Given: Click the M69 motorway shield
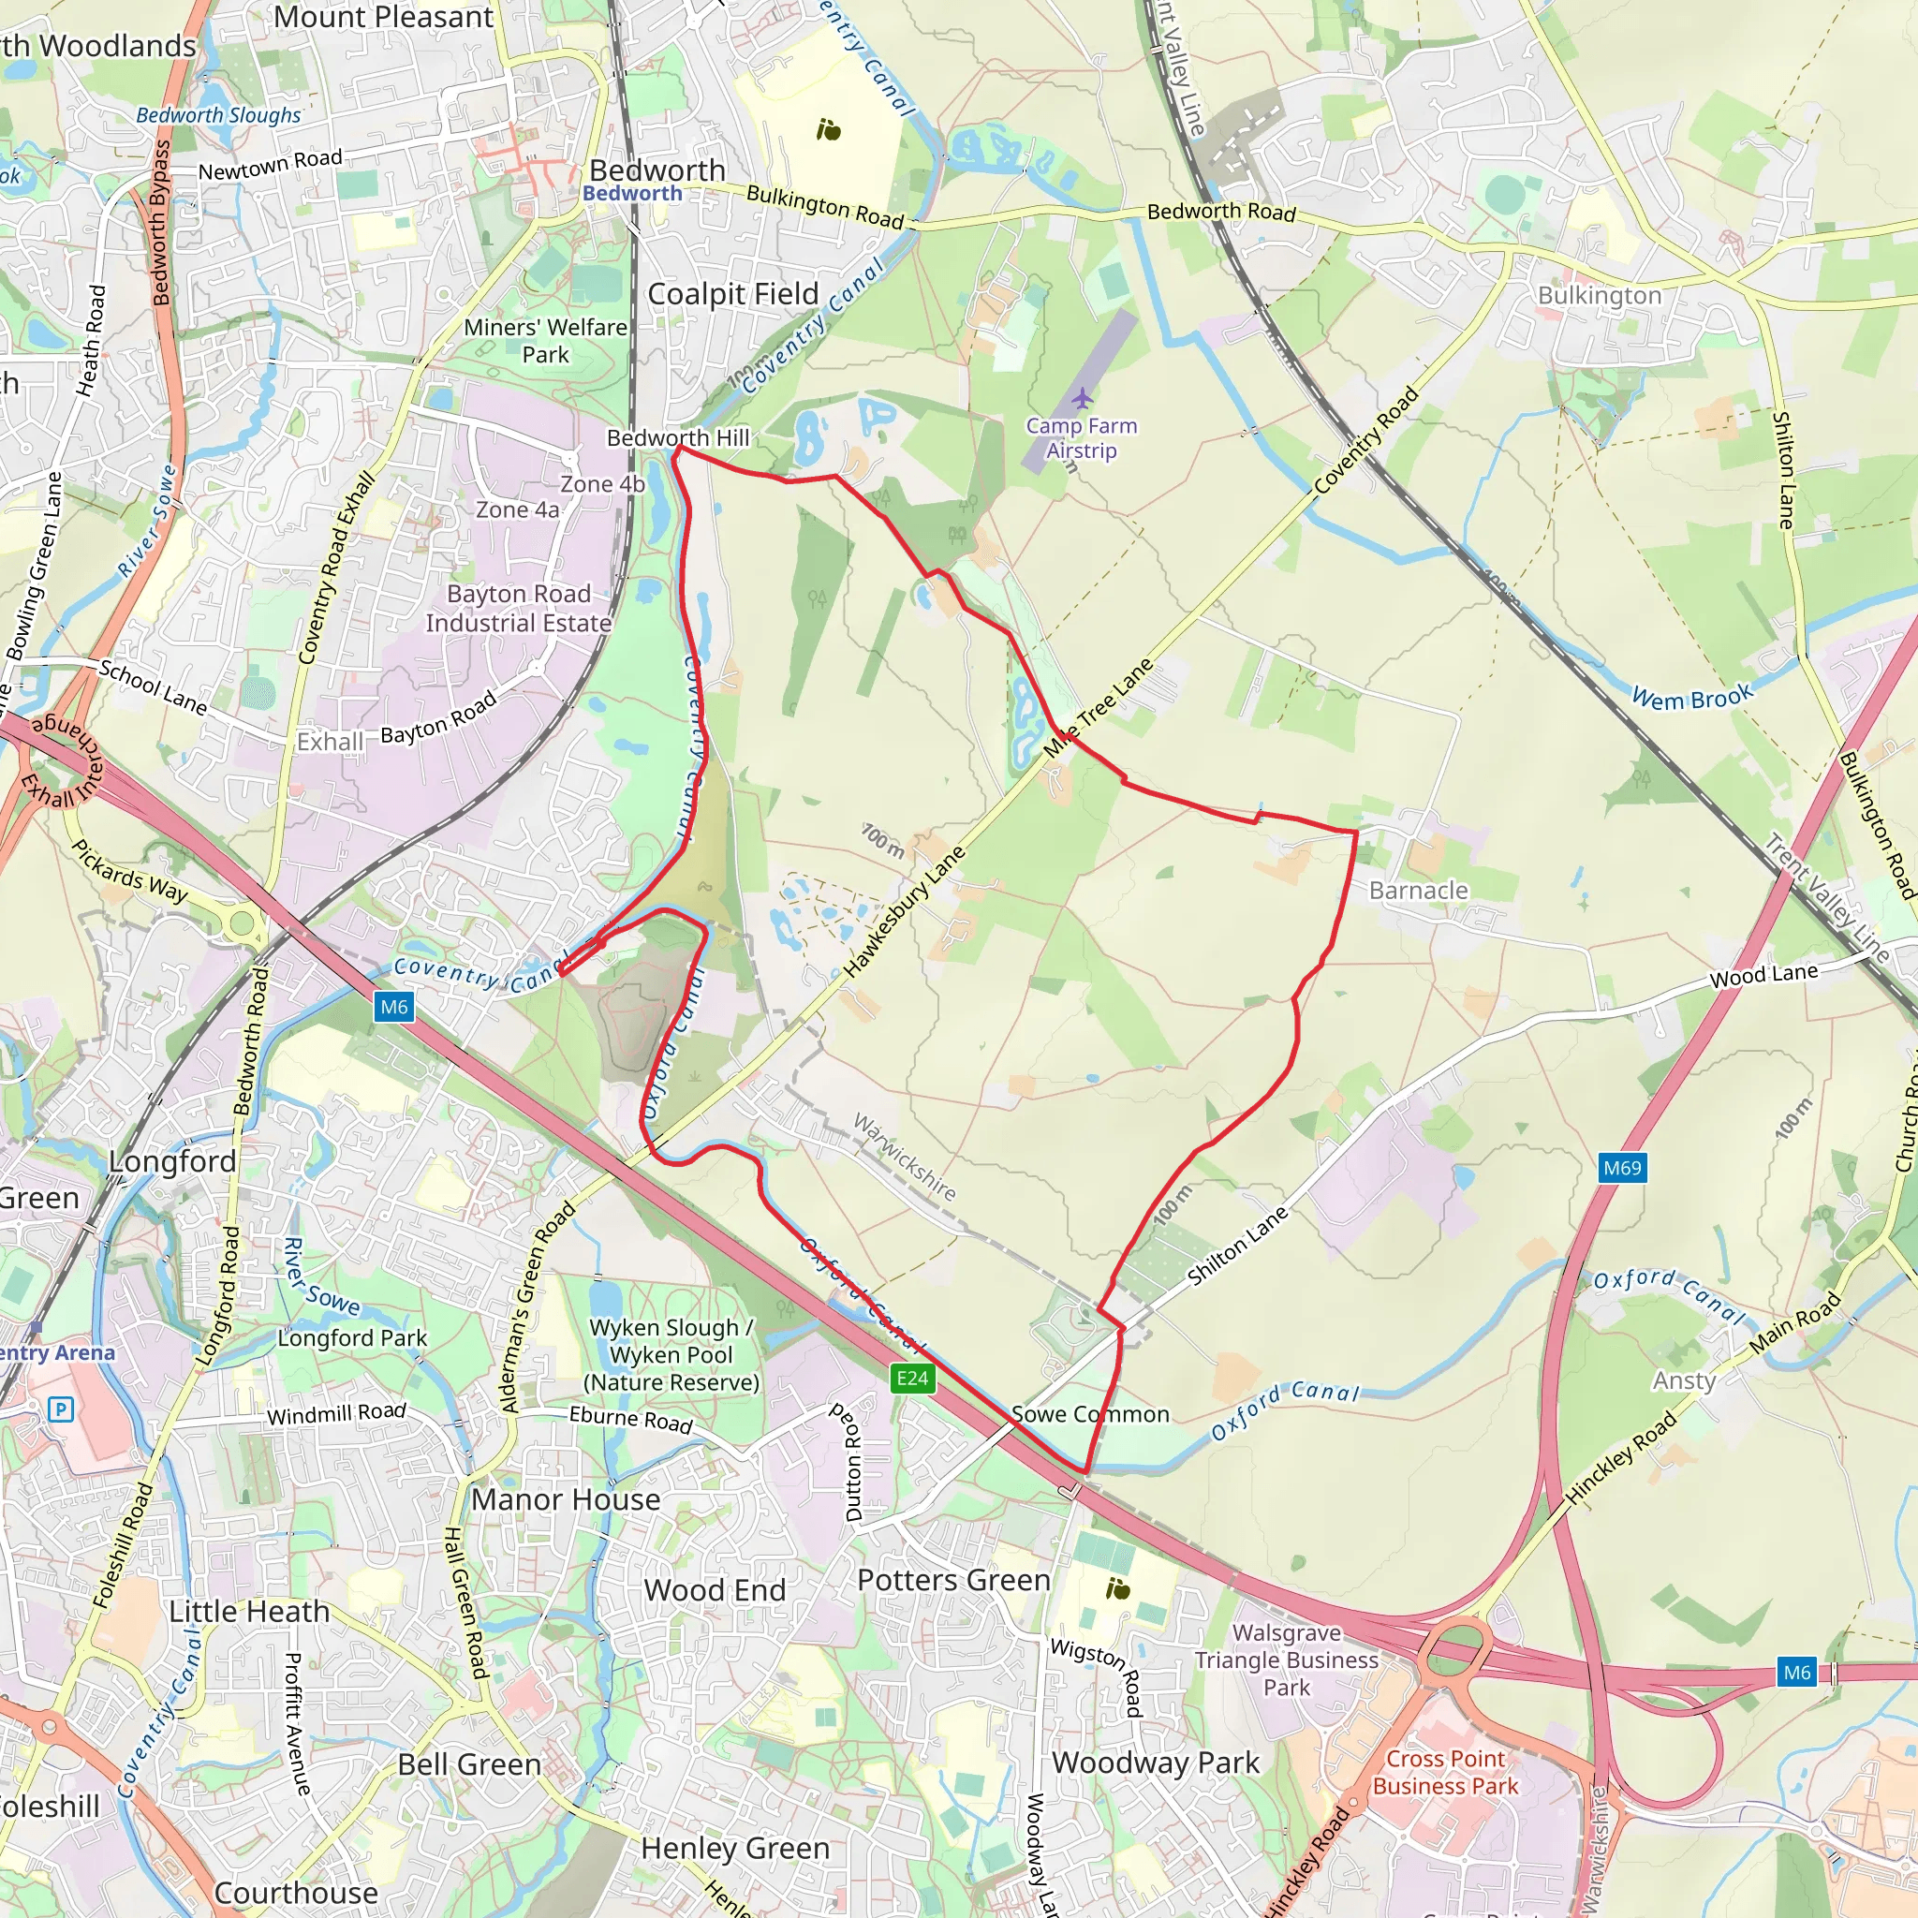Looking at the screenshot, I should click(x=1622, y=1168).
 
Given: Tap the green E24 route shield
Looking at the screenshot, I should click(x=911, y=1378).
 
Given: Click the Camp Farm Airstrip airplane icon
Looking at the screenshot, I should click(x=1081, y=399).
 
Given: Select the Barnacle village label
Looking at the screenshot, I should click(x=1418, y=891).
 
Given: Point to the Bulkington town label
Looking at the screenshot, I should click(x=1599, y=296).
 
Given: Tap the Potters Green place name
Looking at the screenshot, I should click(x=953, y=1580).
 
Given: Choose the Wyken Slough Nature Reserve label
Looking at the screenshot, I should click(x=671, y=1355).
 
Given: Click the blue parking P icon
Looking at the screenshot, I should click(x=62, y=1409).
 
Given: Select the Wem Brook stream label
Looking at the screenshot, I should click(x=1692, y=697).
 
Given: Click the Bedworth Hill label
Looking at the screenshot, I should click(x=678, y=437).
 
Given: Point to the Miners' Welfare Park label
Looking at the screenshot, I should click(x=545, y=341).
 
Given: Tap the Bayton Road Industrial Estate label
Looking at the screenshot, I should click(x=518, y=609).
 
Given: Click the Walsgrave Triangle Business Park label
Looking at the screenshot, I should click(x=1287, y=1660).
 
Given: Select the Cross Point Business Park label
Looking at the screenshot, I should click(x=1444, y=1772).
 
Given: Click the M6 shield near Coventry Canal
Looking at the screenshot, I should click(x=394, y=1007).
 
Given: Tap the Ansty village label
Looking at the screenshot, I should click(x=1684, y=1381).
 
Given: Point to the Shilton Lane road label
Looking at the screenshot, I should click(x=1237, y=1245).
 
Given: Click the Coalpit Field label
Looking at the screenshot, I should click(x=732, y=295).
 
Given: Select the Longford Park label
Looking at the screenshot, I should click(x=351, y=1338).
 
